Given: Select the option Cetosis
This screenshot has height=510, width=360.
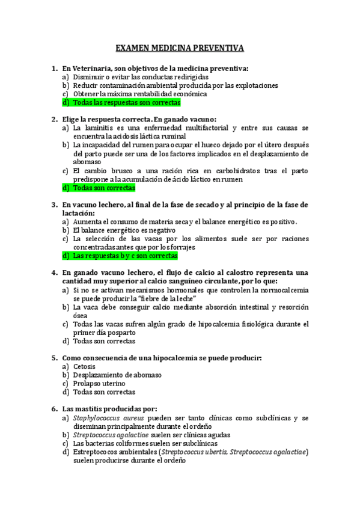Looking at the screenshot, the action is pos(84,366).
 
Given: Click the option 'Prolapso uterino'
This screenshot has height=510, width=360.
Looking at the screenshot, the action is pos(99,383).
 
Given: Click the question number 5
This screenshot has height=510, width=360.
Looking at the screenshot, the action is pos(55,358).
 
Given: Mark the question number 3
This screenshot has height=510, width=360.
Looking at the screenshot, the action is pos(55,205).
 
